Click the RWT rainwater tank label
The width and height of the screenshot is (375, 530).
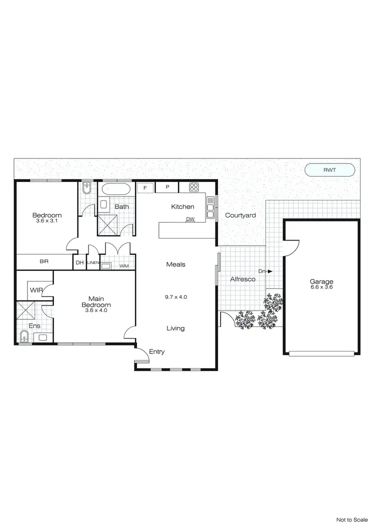[x=329, y=170]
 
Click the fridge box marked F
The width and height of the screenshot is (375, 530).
[x=145, y=188]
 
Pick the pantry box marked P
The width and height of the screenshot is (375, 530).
[x=168, y=188]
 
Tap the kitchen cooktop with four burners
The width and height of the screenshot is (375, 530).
[x=194, y=187]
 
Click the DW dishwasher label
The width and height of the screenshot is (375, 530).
[x=190, y=219]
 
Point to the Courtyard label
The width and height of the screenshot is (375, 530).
[x=240, y=215]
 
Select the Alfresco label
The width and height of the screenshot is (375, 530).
[x=242, y=279]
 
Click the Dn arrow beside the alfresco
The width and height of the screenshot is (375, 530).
[x=265, y=271]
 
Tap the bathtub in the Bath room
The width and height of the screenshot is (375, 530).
[x=116, y=190]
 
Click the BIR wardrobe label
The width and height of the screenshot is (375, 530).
[x=44, y=261]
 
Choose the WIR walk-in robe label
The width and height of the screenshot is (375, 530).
[x=35, y=290]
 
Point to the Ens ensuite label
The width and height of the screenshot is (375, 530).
[x=34, y=326]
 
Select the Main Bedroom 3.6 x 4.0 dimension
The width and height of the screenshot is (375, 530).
[x=96, y=310]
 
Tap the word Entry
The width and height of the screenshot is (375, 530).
[x=157, y=352]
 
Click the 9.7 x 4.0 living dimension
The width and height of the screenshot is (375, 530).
[x=176, y=297]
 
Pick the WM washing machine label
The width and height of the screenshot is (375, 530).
[x=123, y=266]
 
